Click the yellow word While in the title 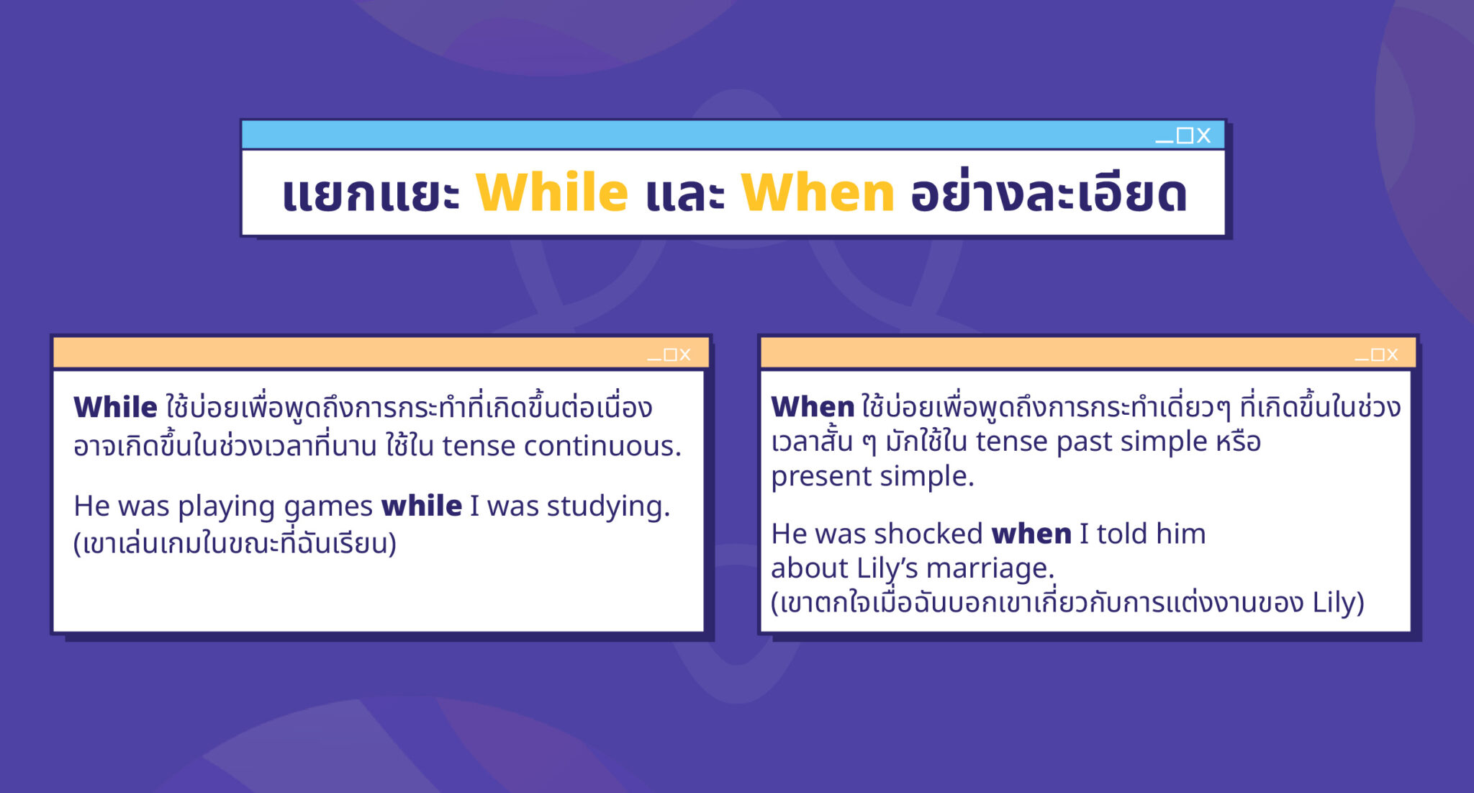pyautogui.click(x=552, y=192)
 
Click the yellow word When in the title pyautogui.click(x=818, y=192)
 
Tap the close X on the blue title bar pyautogui.click(x=1203, y=135)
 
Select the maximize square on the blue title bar pyautogui.click(x=1185, y=135)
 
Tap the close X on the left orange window pyautogui.click(x=685, y=354)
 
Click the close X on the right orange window pyautogui.click(x=1393, y=354)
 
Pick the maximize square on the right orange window pyautogui.click(x=1378, y=354)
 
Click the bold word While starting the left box pyautogui.click(x=115, y=407)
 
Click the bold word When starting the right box pyautogui.click(x=813, y=407)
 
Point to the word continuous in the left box pyautogui.click(x=602, y=446)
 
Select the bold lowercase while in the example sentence pyautogui.click(x=422, y=506)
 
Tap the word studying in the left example pyautogui.click(x=608, y=507)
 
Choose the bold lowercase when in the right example pyautogui.click(x=1031, y=534)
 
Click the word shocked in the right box pyautogui.click(x=928, y=534)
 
